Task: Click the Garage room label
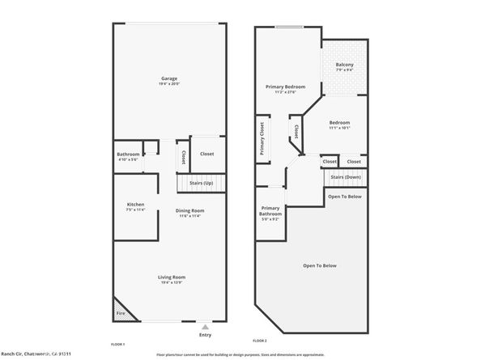coord(168,78)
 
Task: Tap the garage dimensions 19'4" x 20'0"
coord(168,84)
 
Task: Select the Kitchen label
coord(135,205)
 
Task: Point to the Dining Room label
coord(192,211)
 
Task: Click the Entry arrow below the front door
coord(204,324)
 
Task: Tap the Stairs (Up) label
coord(201,184)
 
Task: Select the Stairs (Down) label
coord(346,176)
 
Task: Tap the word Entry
coord(204,334)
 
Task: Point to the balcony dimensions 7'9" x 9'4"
coord(346,70)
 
